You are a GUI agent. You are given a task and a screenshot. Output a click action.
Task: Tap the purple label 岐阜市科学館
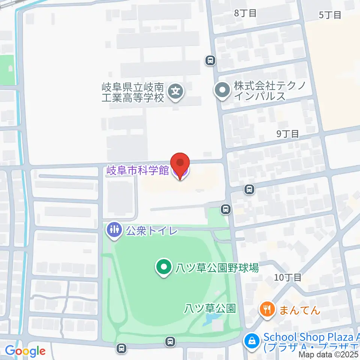(x=138, y=171)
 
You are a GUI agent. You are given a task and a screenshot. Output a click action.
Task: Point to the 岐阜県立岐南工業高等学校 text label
(x=133, y=93)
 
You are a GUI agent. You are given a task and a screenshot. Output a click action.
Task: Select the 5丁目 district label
(x=330, y=15)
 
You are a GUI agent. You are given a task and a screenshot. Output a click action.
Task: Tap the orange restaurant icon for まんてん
(x=267, y=310)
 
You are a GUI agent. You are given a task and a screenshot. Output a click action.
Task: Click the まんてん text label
(x=299, y=310)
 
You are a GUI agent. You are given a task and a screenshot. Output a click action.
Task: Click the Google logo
(x=25, y=351)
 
